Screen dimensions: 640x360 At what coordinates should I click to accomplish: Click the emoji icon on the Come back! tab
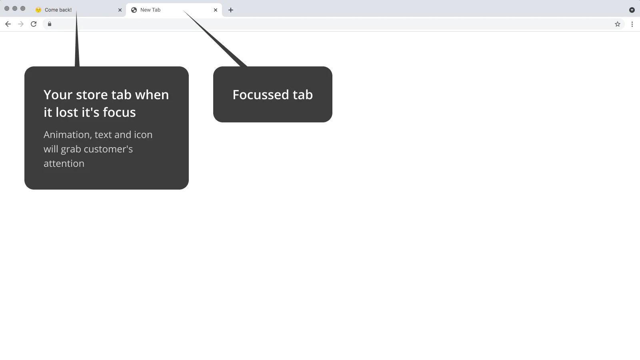click(x=38, y=10)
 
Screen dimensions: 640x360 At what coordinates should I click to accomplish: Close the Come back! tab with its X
click(x=120, y=10)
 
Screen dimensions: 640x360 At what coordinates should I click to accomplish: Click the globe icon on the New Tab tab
click(x=134, y=10)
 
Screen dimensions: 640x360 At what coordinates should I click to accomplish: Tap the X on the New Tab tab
click(x=216, y=10)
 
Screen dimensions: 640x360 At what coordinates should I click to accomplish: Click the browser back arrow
click(x=8, y=24)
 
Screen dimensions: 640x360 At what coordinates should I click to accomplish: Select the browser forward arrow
click(x=20, y=24)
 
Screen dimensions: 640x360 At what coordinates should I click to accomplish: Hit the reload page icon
click(x=34, y=24)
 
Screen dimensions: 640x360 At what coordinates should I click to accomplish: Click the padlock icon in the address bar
click(x=50, y=24)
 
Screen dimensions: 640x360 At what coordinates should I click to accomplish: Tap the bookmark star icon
click(x=618, y=24)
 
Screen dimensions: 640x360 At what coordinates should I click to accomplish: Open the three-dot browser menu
click(x=632, y=24)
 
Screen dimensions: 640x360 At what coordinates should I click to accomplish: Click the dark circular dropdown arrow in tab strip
click(x=632, y=10)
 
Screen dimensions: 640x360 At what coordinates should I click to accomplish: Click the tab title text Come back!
click(x=58, y=10)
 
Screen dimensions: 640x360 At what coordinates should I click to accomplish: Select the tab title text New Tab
click(x=150, y=10)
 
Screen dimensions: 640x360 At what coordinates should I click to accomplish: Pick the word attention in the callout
click(x=64, y=164)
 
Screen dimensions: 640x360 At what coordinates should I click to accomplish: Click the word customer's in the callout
click(x=108, y=149)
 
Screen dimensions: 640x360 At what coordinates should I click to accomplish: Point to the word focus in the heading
click(x=119, y=112)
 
